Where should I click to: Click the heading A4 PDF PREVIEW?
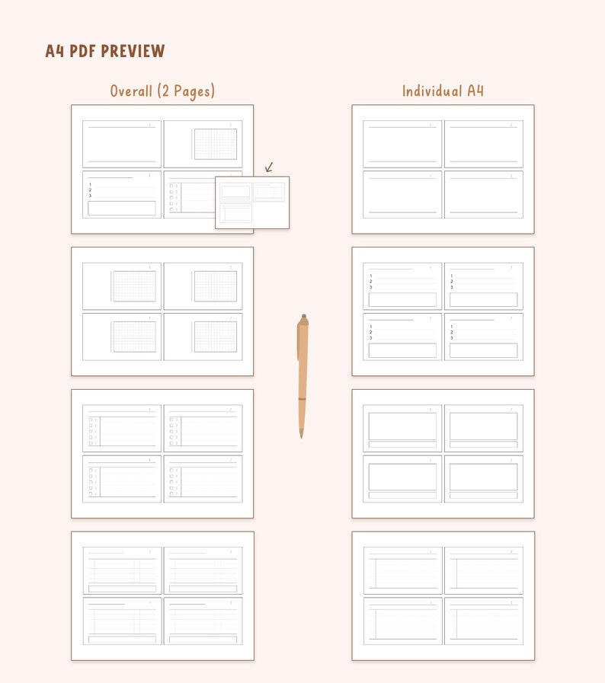click(105, 52)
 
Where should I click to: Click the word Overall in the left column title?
click(131, 91)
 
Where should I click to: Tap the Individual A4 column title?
click(443, 91)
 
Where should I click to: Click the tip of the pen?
click(301, 436)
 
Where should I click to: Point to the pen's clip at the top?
click(299, 339)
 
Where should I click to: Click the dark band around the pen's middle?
click(302, 399)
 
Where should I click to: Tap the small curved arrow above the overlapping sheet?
click(268, 168)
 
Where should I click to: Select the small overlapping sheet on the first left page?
click(252, 203)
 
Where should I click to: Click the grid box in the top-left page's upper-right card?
click(215, 144)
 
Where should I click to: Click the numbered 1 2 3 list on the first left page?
click(91, 190)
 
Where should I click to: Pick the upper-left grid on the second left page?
click(134, 286)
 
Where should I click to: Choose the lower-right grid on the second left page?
click(215, 337)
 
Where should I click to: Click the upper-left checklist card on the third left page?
click(122, 428)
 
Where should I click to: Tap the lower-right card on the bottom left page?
click(203, 621)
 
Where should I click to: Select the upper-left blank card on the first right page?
click(402, 144)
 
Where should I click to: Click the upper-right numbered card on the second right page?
click(484, 286)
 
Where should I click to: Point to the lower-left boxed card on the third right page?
click(402, 478)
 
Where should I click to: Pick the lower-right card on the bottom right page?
click(484, 621)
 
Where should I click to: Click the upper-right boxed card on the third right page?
click(484, 428)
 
